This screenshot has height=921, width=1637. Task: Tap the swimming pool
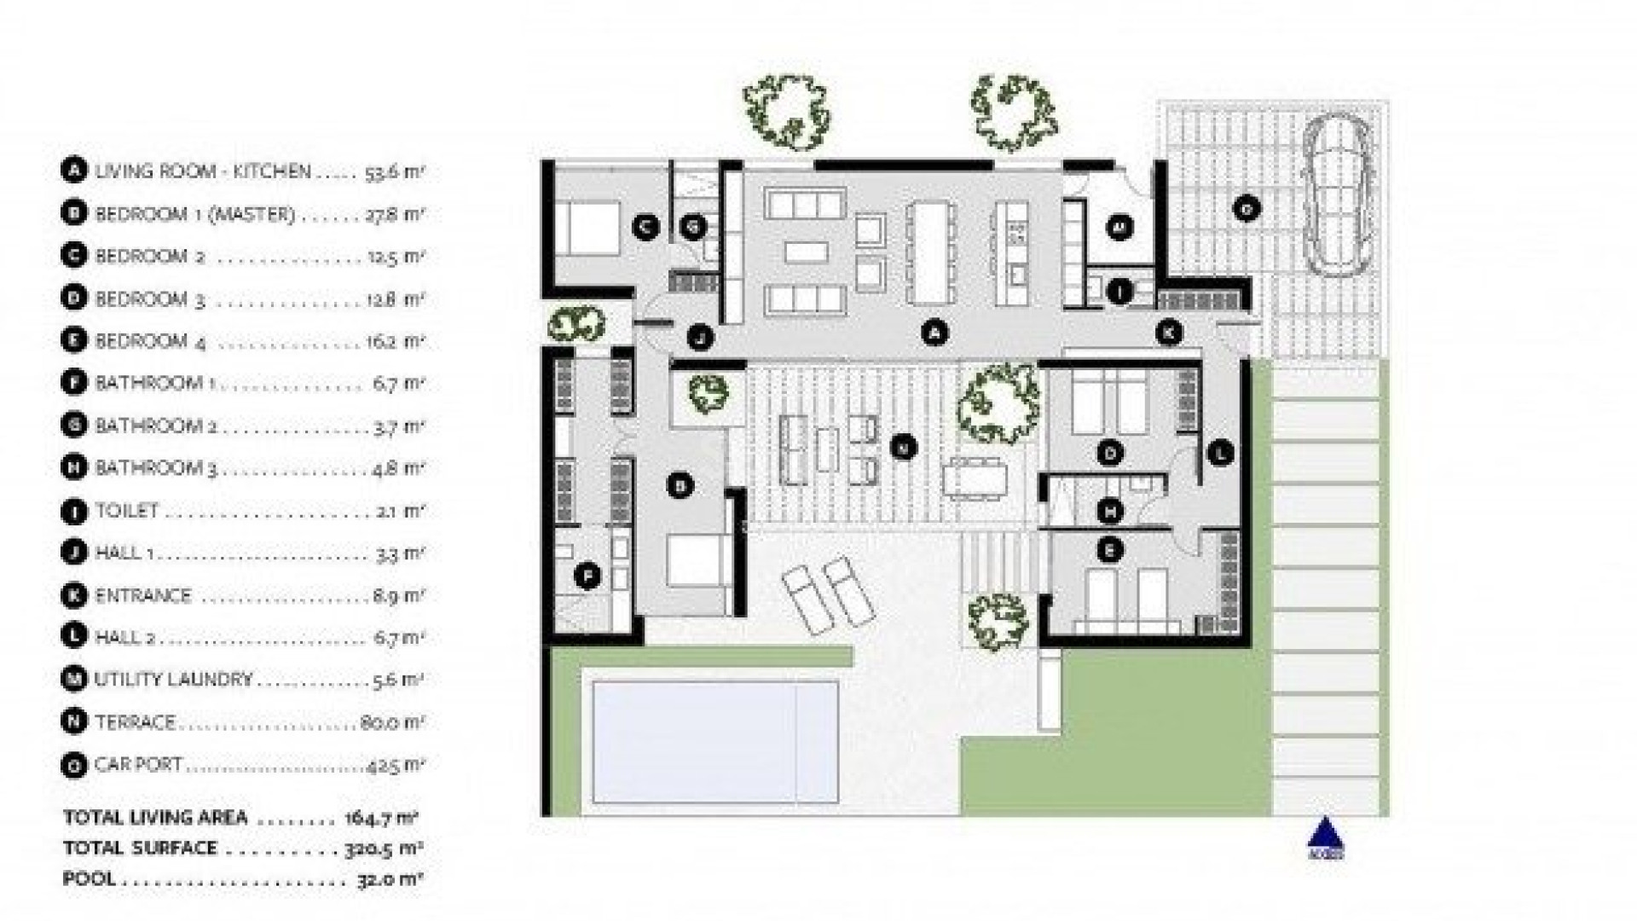point(714,742)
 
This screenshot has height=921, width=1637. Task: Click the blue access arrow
point(1325,836)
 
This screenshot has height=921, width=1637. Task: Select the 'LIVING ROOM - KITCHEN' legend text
point(203,171)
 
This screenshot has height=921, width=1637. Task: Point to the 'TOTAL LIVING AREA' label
point(155,818)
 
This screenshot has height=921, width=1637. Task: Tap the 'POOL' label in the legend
point(89,879)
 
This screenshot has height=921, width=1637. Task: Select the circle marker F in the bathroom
point(587,577)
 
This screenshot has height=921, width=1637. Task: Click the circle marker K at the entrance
point(1169,333)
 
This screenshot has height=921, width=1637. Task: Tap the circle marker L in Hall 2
point(1221,453)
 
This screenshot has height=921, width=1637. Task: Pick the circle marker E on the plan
point(1109,551)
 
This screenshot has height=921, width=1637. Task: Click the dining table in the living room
point(929,252)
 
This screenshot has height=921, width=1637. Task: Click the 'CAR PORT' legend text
point(139,765)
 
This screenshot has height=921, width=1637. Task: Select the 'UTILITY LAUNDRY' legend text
point(174,680)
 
